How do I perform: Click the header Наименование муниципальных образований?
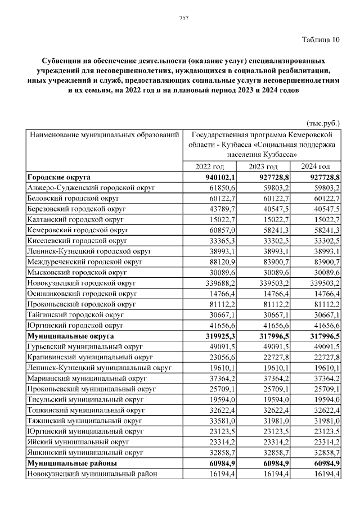pyautogui.click(x=104, y=135)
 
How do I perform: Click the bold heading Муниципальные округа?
pyautogui.click(x=71, y=336)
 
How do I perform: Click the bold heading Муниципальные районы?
pyautogui.click(x=72, y=463)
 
